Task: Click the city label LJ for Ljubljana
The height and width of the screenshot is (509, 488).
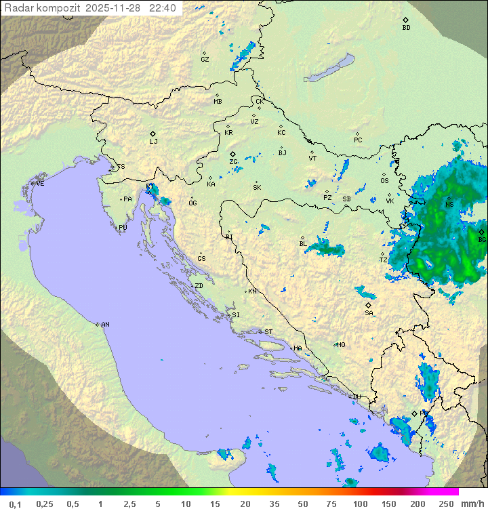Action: (153, 142)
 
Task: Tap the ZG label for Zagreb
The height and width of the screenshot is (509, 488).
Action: (233, 163)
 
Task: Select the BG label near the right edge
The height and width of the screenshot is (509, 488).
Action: (482, 240)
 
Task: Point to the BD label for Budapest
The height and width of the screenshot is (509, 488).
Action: (406, 28)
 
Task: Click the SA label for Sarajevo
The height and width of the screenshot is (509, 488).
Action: (369, 313)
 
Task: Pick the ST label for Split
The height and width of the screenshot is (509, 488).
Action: (268, 332)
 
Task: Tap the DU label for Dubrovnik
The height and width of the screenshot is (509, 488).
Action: (357, 397)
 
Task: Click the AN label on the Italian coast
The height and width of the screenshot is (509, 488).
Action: (105, 325)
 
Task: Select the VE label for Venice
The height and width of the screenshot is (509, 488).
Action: (40, 184)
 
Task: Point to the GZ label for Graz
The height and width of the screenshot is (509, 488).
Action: (205, 60)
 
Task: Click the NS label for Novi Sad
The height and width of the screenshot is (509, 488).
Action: (449, 205)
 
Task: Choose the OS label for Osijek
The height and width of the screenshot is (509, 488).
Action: (384, 181)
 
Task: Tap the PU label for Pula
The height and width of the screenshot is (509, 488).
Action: (123, 228)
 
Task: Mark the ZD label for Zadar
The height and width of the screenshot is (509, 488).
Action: (199, 286)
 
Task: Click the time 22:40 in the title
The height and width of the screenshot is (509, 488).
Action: (163, 8)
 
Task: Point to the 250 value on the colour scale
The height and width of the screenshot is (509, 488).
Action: (446, 504)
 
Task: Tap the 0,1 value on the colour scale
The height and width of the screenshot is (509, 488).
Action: (16, 504)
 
